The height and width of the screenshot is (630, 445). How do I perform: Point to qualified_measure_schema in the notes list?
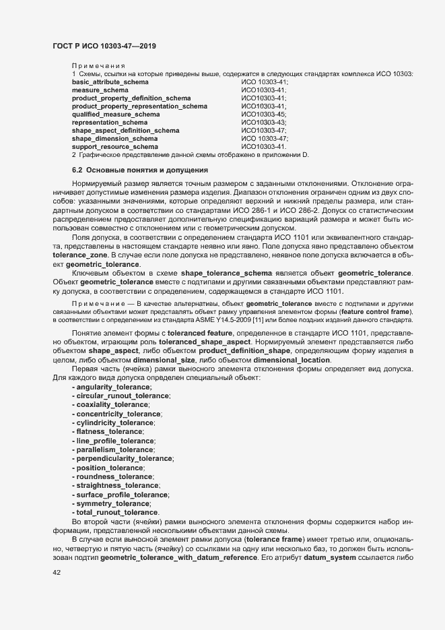coord(111,115)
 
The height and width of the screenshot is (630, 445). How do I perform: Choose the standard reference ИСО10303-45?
coord(264,115)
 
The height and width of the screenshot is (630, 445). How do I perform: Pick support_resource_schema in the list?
coord(114,147)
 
